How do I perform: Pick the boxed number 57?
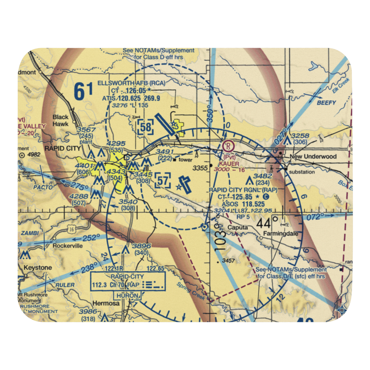click(163, 181)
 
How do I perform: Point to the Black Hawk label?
click(60, 120)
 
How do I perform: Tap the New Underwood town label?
click(313, 157)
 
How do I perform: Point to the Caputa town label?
click(238, 228)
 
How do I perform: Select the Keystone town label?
click(38, 267)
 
